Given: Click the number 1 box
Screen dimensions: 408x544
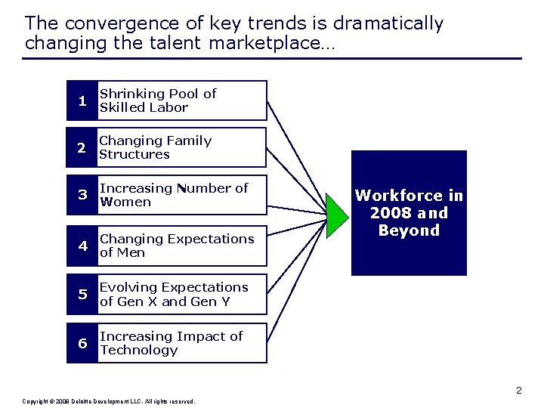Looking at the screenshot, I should pos(82,100).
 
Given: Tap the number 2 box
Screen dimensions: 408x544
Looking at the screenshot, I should pos(82,147).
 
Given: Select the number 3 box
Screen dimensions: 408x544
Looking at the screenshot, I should pos(82,195).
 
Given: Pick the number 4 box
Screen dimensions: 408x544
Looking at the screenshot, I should pos(82,246).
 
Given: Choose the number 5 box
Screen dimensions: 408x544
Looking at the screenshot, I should pos(82,294).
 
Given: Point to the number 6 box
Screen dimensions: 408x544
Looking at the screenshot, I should pos(82,343).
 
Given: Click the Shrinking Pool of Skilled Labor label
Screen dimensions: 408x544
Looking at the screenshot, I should pos(158,100).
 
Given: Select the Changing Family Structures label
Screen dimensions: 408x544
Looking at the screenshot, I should pos(156,147).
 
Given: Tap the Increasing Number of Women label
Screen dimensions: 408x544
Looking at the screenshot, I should pos(174,195).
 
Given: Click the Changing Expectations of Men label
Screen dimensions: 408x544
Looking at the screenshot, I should pos(177,246).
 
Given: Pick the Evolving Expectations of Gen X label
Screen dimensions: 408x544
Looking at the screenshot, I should pos(174,294).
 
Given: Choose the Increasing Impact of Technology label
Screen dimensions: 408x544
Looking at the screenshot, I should pos(172,343).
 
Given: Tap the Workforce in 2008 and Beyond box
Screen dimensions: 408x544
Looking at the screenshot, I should pos(409,213).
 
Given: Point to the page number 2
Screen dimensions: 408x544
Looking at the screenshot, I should pos(519,391).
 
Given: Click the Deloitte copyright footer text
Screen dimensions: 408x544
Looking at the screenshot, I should pos(109,401).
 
